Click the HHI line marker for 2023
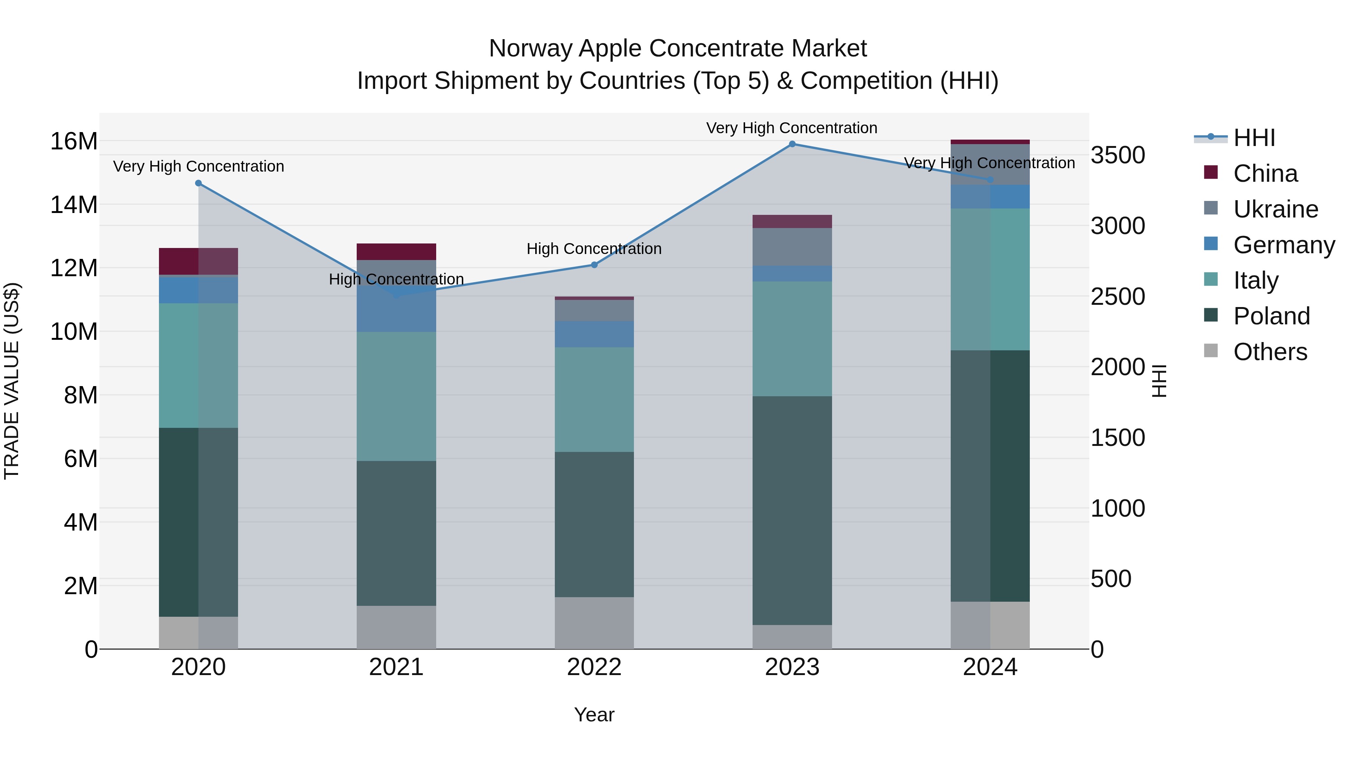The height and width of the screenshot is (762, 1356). pyautogui.click(x=792, y=144)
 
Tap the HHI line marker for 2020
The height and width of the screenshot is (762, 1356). pyautogui.click(x=199, y=183)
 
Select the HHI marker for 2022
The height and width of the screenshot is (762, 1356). pyautogui.click(x=594, y=265)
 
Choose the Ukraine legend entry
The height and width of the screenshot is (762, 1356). pyautogui.click(x=1275, y=209)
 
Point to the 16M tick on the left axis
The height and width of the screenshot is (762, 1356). pyautogui.click(x=74, y=141)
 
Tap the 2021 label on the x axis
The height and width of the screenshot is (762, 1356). pyautogui.click(x=396, y=667)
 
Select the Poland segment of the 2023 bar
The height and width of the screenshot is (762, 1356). pyautogui.click(x=792, y=510)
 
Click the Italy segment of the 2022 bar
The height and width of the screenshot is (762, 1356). pyautogui.click(x=594, y=400)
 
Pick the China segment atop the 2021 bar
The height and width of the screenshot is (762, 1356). pyautogui.click(x=396, y=252)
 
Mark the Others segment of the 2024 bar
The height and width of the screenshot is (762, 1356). pyautogui.click(x=990, y=625)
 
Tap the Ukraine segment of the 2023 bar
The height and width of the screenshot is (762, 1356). pyautogui.click(x=792, y=247)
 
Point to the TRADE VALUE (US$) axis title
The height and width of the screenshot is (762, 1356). pyautogui.click(x=12, y=381)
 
